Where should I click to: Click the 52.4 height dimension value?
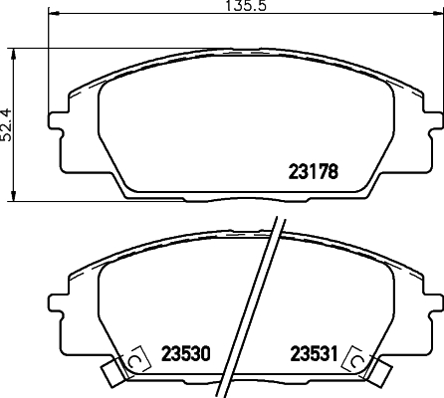[x=6, y=125]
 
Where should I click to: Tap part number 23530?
[x=185, y=354]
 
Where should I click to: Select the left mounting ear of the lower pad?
[x=58, y=300]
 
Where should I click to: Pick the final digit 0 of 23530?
[x=207, y=354]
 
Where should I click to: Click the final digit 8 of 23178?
[x=335, y=171]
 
